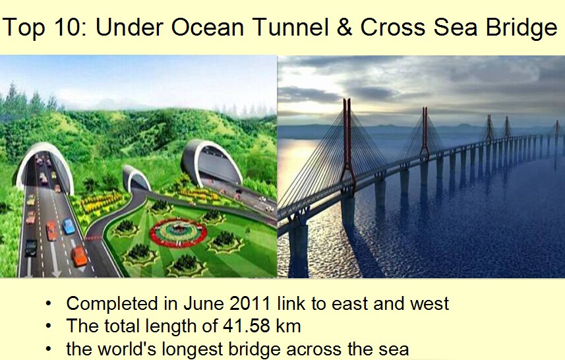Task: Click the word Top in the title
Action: pos(24,27)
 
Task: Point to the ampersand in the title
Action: pos(345,27)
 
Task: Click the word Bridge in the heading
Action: pos(521,28)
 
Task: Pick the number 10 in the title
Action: pos(67,27)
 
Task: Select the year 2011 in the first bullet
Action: pos(250,303)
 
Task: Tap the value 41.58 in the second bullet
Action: pos(246,326)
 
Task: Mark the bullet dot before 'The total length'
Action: pos(49,326)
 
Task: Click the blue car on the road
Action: pos(69,226)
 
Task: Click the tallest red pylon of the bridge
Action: pos(347,145)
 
